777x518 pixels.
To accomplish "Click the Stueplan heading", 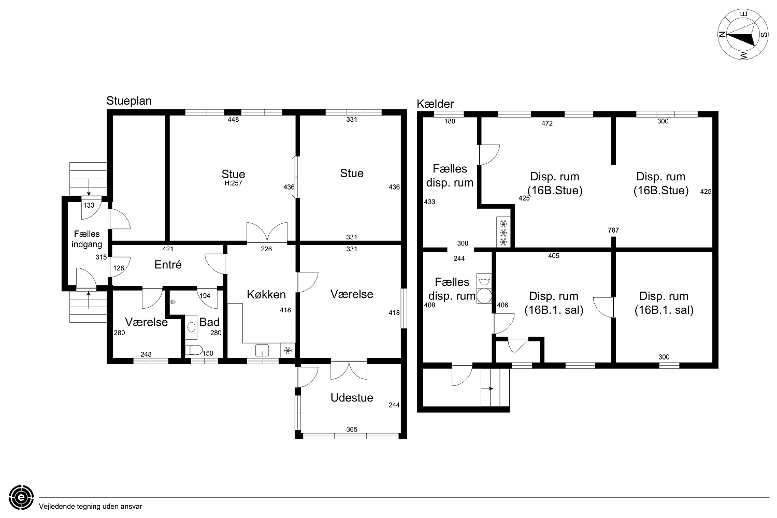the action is coord(129,101).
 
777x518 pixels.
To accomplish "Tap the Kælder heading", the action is coord(435,104).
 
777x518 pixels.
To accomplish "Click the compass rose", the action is coord(743,35).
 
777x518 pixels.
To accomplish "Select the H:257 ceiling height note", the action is coord(233,183).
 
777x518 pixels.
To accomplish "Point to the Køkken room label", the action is coord(266,295).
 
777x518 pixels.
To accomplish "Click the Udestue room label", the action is coord(352,398).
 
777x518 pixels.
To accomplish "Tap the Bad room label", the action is coord(209,322).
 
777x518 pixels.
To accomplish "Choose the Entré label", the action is coord(168,265).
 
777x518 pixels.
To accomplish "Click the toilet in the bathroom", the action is coord(193,350).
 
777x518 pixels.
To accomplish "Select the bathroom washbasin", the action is coord(191,327).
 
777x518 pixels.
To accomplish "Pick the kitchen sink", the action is coord(262,350).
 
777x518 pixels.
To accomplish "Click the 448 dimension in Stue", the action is coord(233,119).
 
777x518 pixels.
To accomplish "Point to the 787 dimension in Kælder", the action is coord(613,230).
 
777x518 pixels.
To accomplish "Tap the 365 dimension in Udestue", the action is coord(352,429).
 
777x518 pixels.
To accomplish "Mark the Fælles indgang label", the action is coord(87,239).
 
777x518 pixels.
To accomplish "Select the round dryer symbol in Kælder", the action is coord(484,296).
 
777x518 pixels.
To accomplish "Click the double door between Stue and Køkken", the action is coord(267,233).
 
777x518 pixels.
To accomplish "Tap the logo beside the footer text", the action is coord(21,497).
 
